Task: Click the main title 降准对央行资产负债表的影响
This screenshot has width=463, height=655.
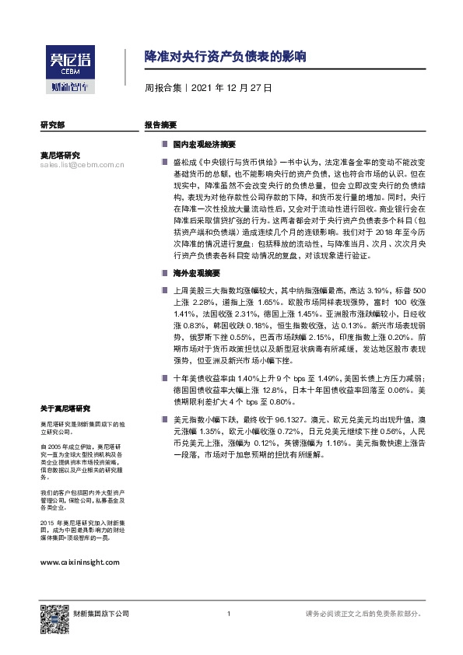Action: point(226,58)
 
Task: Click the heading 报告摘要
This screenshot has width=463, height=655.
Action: point(160,124)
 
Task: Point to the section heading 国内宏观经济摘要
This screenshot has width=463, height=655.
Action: point(204,145)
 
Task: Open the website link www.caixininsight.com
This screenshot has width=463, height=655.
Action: point(79,561)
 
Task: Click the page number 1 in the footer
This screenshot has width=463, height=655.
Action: point(228,615)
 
